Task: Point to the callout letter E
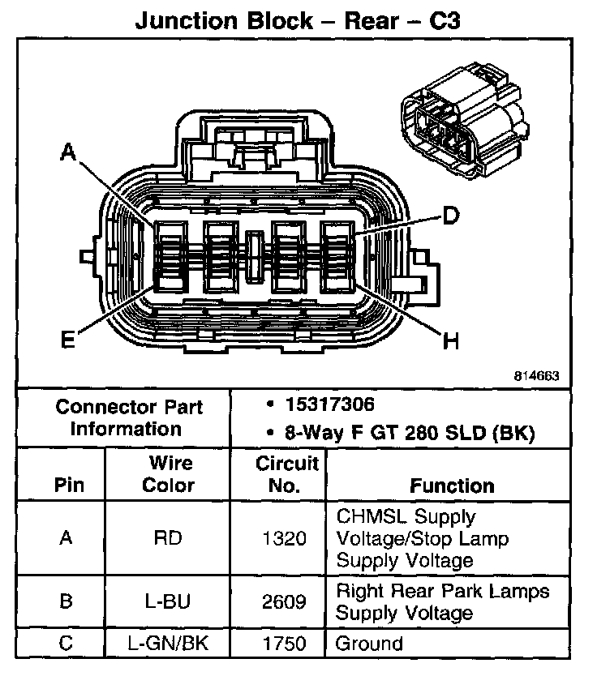pyautogui.click(x=68, y=339)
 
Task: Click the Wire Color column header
pyautogui.click(x=169, y=474)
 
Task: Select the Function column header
pyautogui.click(x=451, y=486)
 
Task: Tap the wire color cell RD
pyautogui.click(x=169, y=538)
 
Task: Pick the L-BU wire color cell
pyautogui.click(x=169, y=602)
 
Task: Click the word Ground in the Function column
pyautogui.click(x=369, y=644)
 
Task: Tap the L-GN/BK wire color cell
pyautogui.click(x=169, y=644)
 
